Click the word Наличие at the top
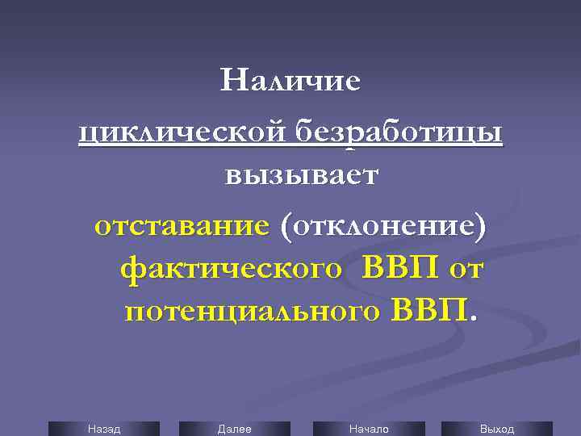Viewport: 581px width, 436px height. [291, 82]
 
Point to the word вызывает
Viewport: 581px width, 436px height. [301, 175]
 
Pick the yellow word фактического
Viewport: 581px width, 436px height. [230, 267]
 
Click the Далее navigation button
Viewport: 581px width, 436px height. [234, 429]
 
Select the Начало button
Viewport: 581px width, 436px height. [368, 429]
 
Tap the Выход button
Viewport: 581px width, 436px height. [496, 429]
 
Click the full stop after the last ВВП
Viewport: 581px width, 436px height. [474, 318]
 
